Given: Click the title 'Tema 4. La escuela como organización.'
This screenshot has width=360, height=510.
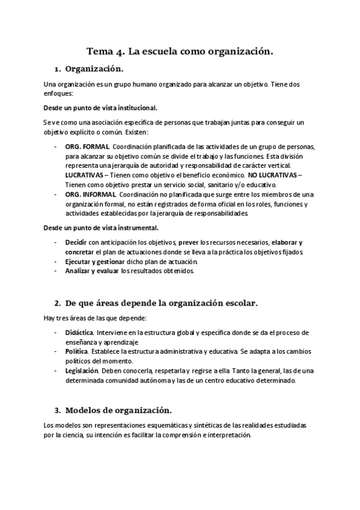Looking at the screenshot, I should click(180, 52).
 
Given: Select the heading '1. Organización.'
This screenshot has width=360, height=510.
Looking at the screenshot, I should click(94, 69).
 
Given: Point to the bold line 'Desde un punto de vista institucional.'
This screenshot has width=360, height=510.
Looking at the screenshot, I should click(100, 108).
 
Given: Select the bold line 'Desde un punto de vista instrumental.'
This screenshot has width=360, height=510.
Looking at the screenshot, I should click(102, 228).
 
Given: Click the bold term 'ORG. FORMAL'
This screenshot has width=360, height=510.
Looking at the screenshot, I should click(87, 146).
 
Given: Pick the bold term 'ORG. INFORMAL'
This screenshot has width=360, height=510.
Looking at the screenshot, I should click(91, 194).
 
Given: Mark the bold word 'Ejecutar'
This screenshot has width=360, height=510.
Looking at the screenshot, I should click(79, 262).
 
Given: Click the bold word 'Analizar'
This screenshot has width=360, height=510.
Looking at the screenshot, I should click(78, 271).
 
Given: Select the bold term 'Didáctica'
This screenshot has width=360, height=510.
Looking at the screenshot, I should click(79, 333).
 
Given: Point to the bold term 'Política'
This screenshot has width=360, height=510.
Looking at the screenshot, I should click(76, 351).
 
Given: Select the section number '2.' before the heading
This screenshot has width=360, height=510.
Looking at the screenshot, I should click(58, 303).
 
